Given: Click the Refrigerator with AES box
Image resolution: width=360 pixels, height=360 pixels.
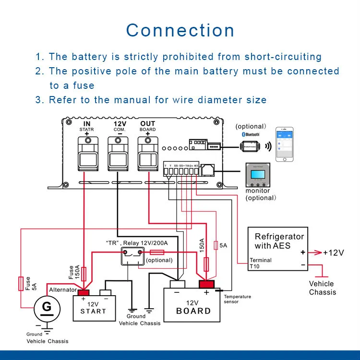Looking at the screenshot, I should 279,250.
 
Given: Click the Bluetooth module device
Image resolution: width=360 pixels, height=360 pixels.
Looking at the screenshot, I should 251,143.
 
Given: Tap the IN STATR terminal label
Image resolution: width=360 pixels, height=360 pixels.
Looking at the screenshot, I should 87,127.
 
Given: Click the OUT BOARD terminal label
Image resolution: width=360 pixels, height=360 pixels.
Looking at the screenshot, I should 147,127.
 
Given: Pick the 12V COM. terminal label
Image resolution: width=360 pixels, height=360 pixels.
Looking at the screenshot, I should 117,127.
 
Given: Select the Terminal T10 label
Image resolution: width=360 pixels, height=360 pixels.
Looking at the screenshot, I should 260,264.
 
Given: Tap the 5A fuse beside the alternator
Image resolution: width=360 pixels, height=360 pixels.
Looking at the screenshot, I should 21,283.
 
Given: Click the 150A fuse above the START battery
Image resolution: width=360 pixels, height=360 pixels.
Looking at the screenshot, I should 84,274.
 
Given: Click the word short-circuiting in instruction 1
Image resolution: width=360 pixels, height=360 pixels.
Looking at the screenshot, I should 283,57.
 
